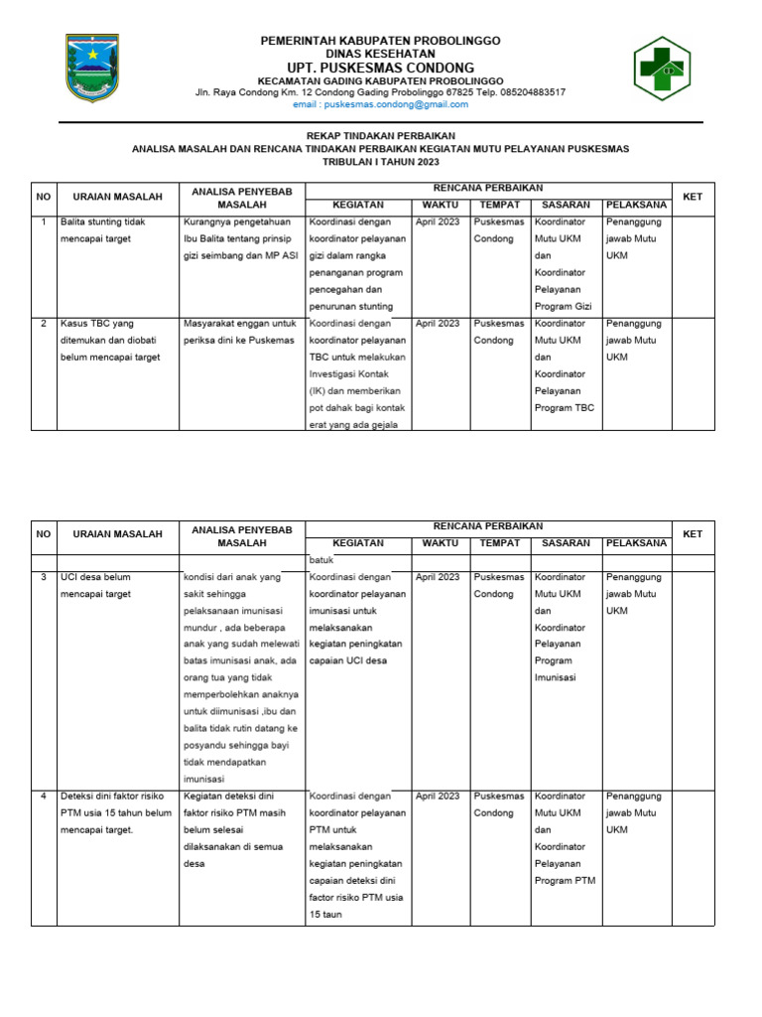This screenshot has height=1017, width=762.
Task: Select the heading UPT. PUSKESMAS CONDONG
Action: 380,68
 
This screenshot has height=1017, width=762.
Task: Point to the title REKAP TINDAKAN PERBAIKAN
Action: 380,135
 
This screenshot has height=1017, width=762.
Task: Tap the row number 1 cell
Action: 44,221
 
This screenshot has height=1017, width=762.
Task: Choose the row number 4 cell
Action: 44,796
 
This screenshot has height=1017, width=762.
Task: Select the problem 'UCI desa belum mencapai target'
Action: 96,585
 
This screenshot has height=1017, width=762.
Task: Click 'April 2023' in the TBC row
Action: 438,323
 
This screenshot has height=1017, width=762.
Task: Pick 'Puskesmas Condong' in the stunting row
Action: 499,230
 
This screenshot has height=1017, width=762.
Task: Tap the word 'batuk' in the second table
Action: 322,560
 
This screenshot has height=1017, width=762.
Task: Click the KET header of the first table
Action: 693,197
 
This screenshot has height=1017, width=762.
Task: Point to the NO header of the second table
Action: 44,534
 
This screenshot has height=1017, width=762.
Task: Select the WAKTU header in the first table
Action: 440,205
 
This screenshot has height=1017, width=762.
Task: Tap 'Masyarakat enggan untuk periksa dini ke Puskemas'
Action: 239,332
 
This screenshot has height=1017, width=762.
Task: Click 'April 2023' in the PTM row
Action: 438,796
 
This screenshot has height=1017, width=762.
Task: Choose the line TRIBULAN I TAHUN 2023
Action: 380,161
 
